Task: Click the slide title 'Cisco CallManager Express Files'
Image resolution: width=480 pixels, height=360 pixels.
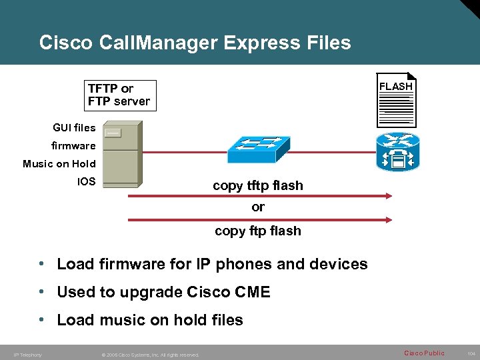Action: click(195, 43)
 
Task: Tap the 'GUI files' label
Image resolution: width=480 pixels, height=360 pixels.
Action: click(74, 127)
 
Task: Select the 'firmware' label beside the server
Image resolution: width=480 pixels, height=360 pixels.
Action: click(73, 145)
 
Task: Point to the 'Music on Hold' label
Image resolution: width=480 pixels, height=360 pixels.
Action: click(59, 163)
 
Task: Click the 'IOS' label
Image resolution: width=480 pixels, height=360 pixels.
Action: click(87, 181)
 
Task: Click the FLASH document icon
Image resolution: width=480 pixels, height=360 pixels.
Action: click(396, 100)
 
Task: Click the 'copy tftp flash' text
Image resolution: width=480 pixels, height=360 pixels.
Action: click(257, 186)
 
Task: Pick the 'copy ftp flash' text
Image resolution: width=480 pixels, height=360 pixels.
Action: click(257, 231)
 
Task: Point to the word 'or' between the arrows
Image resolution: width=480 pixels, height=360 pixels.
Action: click(258, 207)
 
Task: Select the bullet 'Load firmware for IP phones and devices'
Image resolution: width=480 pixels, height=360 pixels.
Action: click(212, 264)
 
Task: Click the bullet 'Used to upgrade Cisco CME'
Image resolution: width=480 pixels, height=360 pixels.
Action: click(163, 292)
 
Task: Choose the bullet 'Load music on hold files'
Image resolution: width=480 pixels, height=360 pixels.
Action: click(150, 320)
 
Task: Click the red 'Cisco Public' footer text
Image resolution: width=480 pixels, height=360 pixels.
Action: click(424, 353)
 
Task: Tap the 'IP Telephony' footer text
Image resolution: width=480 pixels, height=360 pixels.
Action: click(27, 355)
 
